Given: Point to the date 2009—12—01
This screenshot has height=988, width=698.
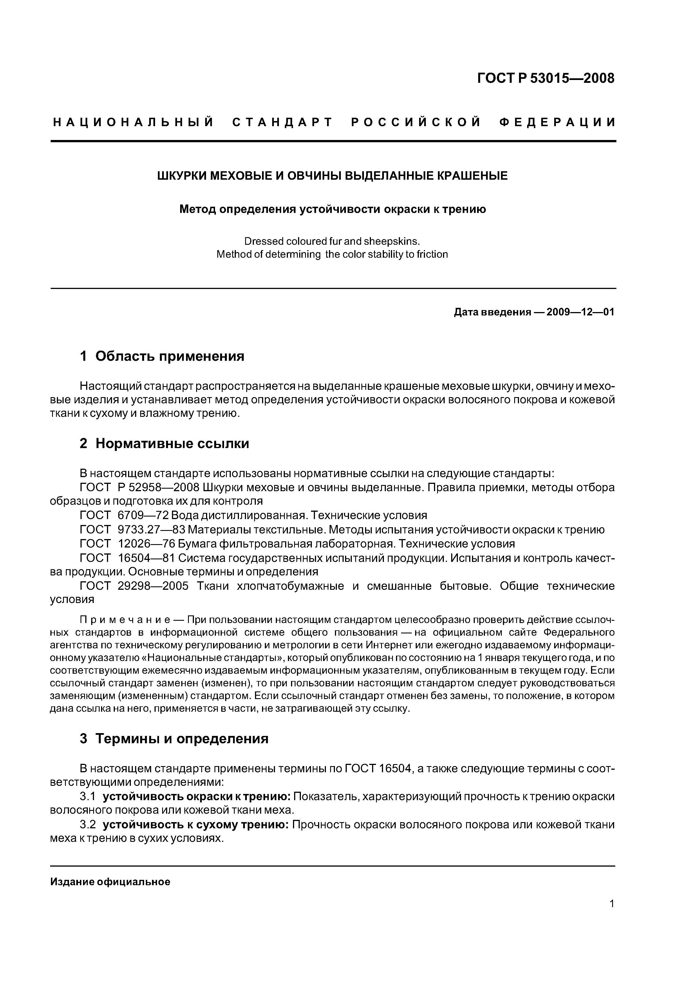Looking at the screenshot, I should (x=580, y=312).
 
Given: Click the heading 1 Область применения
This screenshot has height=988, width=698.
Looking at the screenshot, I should (x=162, y=356).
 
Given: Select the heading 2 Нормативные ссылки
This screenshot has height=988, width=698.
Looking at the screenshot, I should (x=164, y=443).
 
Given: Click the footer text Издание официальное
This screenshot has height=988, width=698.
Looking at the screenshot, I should (x=110, y=882).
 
